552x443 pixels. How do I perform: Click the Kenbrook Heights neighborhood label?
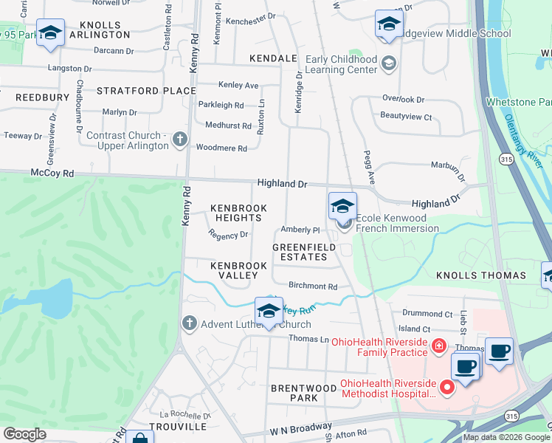click(x=239, y=213)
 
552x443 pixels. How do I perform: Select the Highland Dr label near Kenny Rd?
click(x=281, y=183)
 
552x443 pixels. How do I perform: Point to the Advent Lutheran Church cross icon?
click(x=189, y=323)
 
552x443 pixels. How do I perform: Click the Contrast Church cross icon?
click(x=179, y=140)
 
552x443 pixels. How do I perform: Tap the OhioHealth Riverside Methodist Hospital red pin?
click(x=446, y=387)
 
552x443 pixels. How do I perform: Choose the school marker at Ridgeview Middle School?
click(x=388, y=24)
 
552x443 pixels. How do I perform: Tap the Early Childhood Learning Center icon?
click(x=388, y=65)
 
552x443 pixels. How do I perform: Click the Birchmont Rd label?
click(x=313, y=286)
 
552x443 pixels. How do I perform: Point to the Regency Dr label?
click(x=228, y=235)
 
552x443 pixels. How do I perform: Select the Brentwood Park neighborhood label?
click(x=294, y=393)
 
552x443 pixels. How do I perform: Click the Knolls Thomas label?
click(x=491, y=275)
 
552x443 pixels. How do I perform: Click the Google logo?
click(x=25, y=434)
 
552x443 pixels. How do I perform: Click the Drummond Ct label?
click(x=428, y=314)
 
